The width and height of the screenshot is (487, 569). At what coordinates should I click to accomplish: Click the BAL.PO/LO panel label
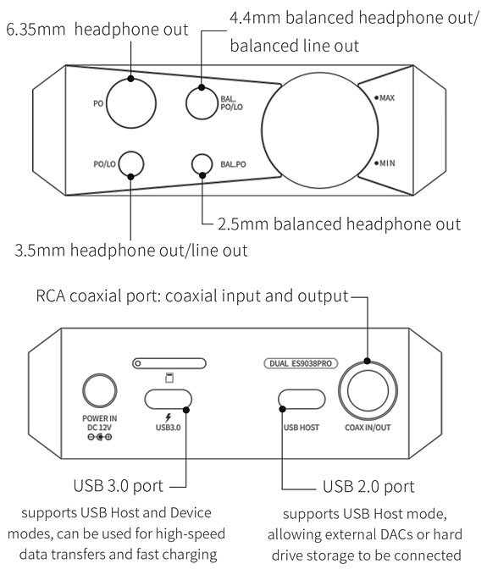231,103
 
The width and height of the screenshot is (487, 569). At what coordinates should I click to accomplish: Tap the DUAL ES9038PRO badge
301,363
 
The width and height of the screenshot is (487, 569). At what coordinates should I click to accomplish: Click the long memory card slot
169,363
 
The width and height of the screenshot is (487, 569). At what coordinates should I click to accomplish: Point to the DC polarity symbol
100,437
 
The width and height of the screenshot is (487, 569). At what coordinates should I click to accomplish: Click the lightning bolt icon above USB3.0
168,417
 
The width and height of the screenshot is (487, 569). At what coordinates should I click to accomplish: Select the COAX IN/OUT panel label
368,428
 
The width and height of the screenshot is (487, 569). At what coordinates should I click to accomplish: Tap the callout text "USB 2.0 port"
368,487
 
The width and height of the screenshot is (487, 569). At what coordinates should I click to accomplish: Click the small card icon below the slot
169,378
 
